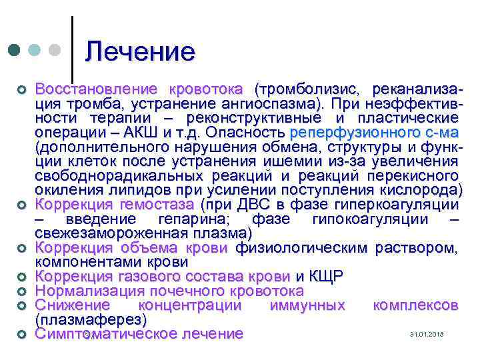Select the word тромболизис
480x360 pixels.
(x=303, y=89)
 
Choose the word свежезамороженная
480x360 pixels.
(x=114, y=234)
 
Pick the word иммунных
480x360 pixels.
(x=307, y=305)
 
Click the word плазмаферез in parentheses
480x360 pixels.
(x=91, y=320)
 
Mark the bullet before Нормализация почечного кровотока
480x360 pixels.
(x=22, y=292)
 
